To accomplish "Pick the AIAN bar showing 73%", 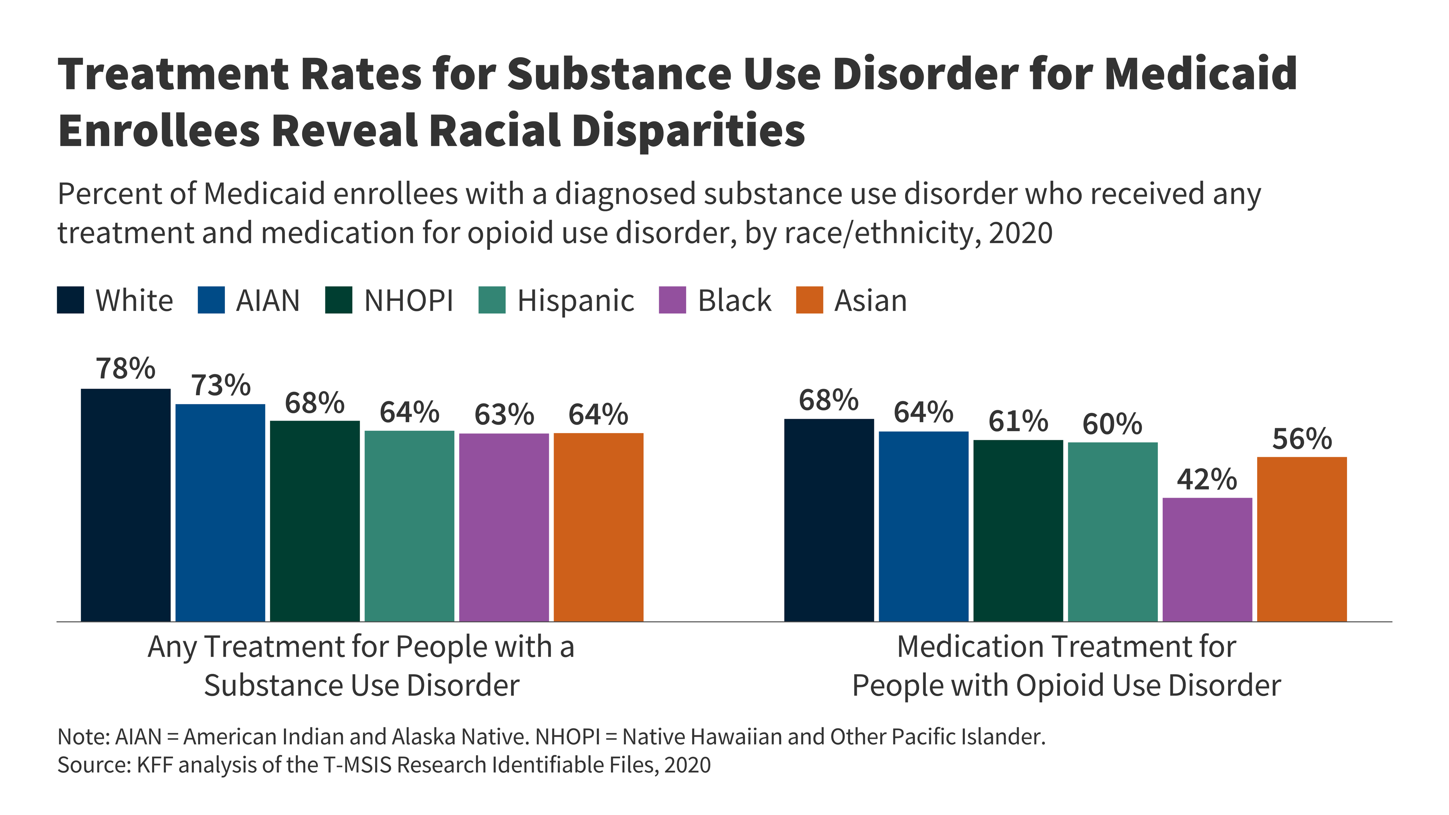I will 220,512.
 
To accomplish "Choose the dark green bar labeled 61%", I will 1018,530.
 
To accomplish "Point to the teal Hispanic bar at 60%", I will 1113,532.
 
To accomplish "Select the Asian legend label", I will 870,300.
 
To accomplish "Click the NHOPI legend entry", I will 408,300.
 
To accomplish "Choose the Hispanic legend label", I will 576,300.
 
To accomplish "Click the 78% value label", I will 125,369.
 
